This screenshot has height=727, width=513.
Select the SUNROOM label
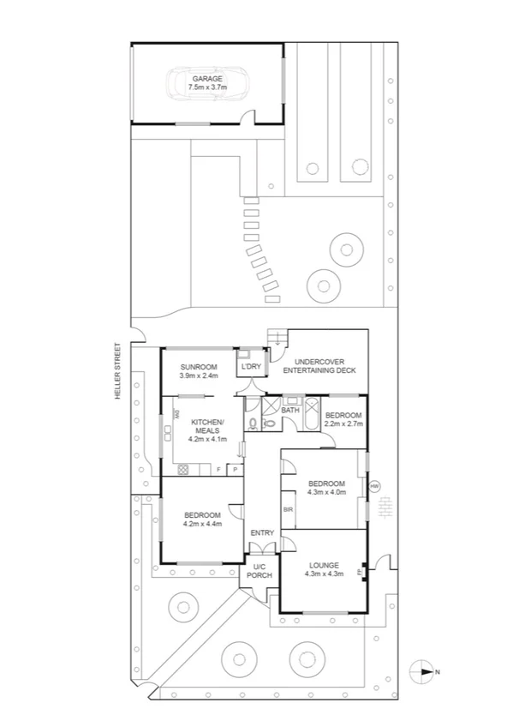click(199, 367)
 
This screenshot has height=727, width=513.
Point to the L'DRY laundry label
click(251, 368)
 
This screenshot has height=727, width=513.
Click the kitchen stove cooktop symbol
click(182, 468)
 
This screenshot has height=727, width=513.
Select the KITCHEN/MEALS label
click(207, 426)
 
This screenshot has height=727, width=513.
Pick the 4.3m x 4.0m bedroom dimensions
click(325, 491)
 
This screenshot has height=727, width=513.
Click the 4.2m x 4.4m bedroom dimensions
click(202, 523)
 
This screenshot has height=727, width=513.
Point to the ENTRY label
click(262, 533)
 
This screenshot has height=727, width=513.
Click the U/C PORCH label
click(259, 570)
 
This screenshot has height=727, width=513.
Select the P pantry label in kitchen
click(233, 469)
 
